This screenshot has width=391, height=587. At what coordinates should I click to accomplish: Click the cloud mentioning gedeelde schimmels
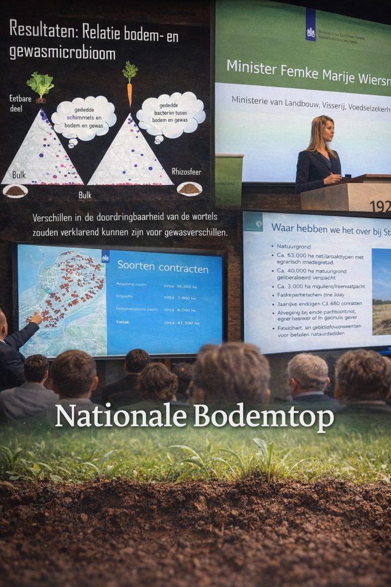coord(84,118)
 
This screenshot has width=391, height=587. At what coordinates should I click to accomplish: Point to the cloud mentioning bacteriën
coord(171,114)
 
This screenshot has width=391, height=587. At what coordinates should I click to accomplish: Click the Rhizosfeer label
coord(187,171)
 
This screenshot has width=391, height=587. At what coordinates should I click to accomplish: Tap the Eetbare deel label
coord(20,103)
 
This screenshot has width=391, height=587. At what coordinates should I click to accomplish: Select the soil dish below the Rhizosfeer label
coord(189,188)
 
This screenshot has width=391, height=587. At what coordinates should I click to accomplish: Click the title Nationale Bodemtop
coord(195,417)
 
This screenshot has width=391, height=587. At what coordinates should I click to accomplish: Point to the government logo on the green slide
coord(311,25)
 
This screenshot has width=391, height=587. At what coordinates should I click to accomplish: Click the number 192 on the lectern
coord(380,206)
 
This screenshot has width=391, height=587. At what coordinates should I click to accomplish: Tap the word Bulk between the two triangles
coord(85,195)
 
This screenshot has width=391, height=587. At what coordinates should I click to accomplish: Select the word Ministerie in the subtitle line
coord(252,100)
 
